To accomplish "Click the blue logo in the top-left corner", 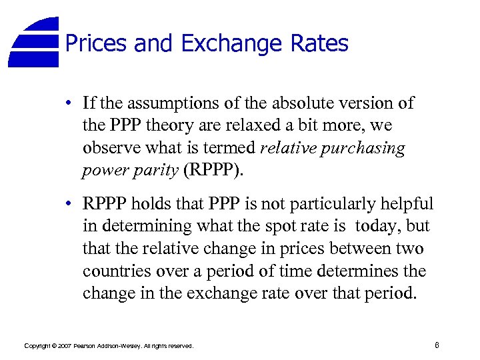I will tap(35, 41).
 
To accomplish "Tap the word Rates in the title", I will tap(319, 44).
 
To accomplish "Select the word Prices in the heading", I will tap(96, 44).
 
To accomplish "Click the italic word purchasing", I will tap(366, 148).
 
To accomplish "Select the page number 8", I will tap(436, 345).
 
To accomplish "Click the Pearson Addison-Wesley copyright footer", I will tap(109, 346).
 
